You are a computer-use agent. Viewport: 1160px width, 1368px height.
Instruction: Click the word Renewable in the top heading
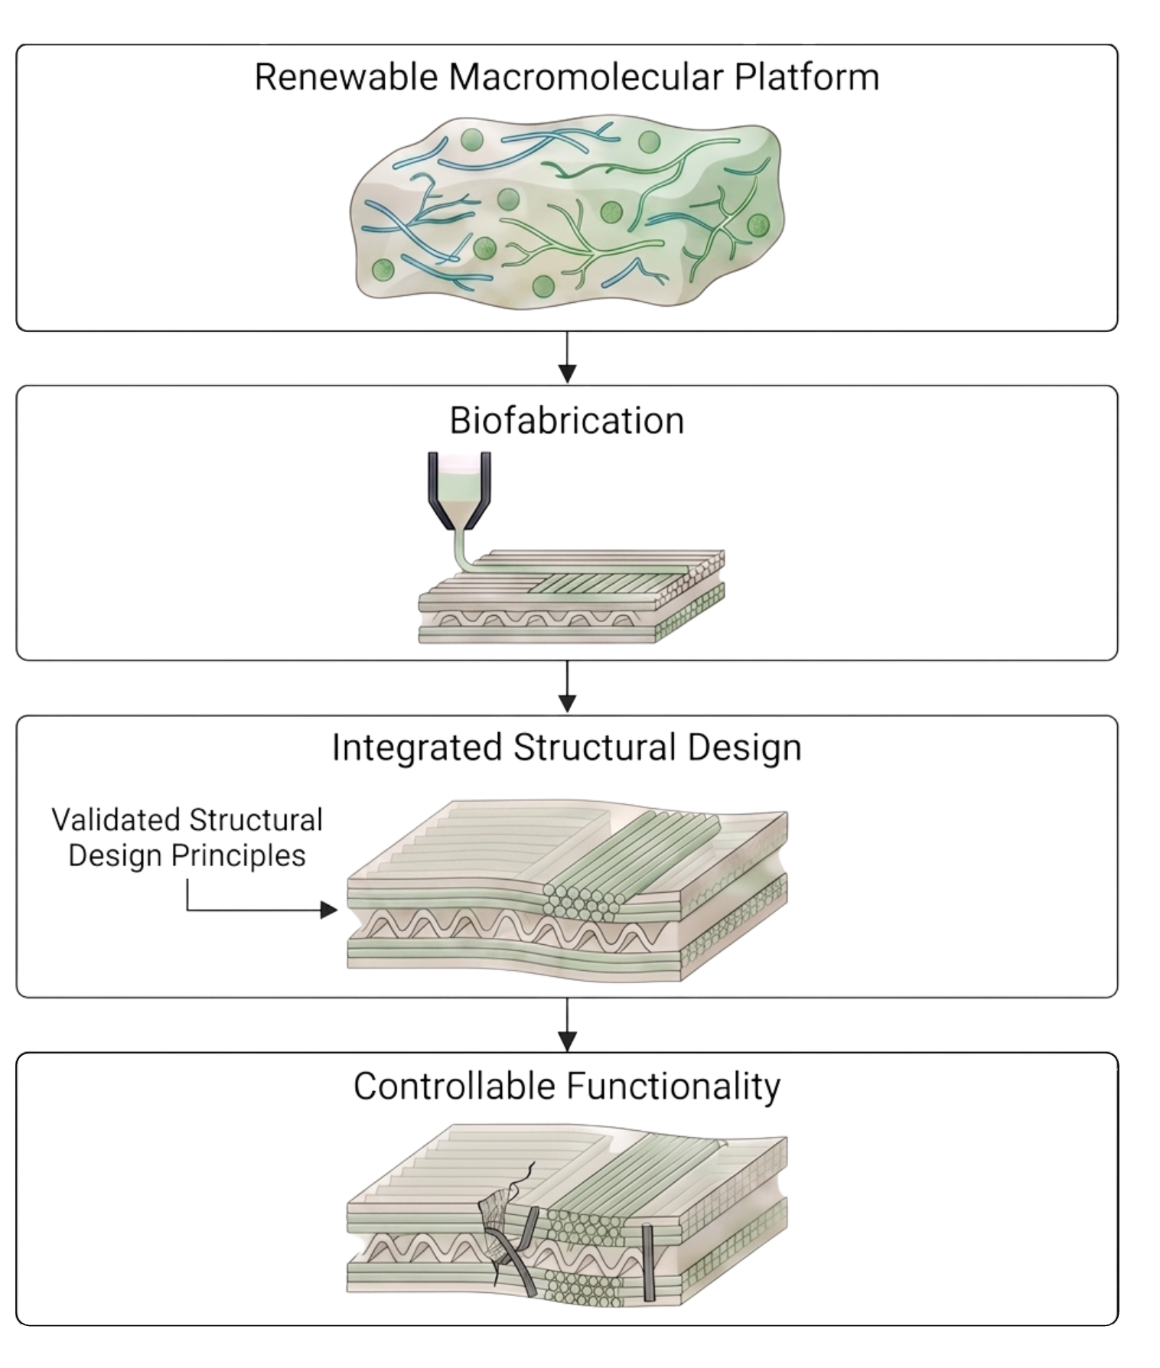click(347, 77)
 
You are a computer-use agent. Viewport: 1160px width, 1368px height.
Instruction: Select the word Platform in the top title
click(806, 77)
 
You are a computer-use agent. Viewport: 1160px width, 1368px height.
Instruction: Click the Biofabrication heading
click(566, 421)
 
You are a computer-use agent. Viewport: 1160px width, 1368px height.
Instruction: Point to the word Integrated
click(417, 748)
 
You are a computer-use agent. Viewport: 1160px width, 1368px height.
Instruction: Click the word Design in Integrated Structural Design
click(745, 748)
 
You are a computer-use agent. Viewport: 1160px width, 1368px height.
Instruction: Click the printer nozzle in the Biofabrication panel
click(459, 490)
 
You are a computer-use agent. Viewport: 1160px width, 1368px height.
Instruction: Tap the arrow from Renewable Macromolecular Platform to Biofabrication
click(567, 357)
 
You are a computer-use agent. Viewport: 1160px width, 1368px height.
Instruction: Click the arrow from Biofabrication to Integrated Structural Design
click(567, 686)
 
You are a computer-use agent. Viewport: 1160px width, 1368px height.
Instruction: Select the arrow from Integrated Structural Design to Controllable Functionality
click(567, 1024)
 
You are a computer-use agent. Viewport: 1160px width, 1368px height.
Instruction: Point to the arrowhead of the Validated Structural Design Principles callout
click(329, 910)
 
